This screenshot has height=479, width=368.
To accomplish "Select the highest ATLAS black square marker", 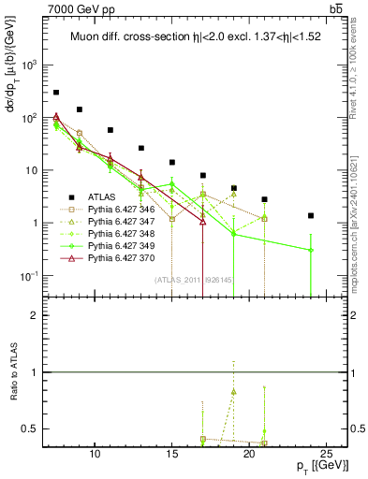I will tap(56, 93).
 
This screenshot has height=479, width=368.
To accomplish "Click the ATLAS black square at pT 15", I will tap(172, 162).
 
